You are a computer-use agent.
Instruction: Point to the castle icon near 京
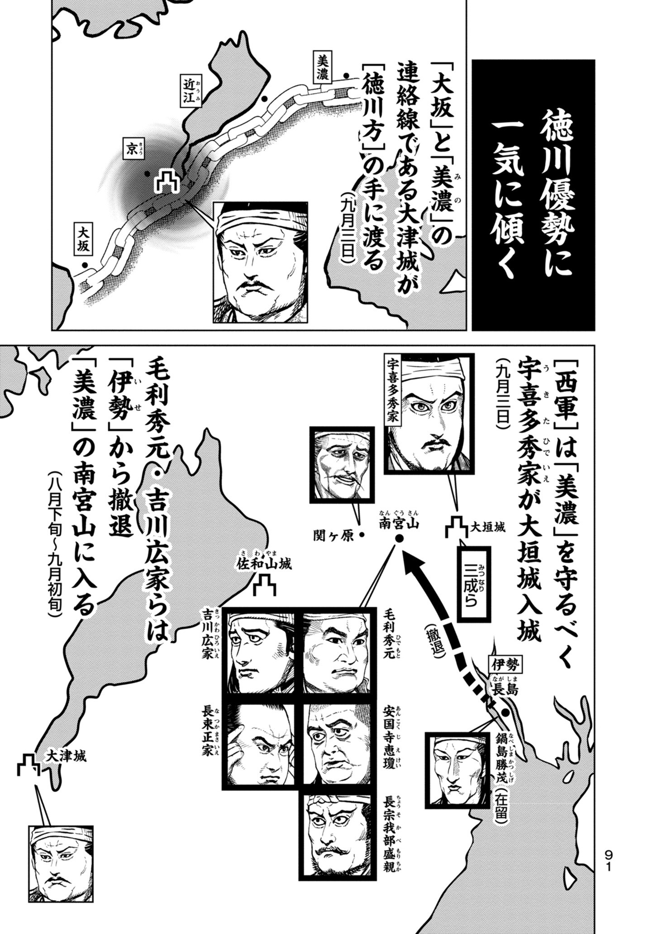coord(167,181)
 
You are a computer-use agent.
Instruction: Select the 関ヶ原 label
coord(333,535)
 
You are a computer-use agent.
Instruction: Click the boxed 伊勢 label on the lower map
coord(505,665)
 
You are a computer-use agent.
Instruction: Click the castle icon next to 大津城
coord(29,765)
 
